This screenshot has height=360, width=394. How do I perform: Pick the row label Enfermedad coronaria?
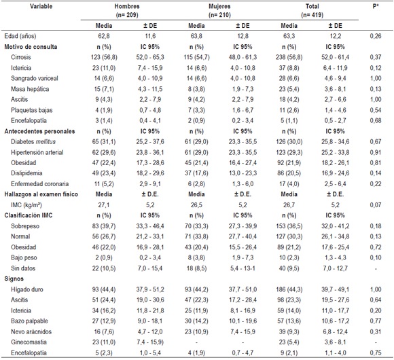[43, 183]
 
